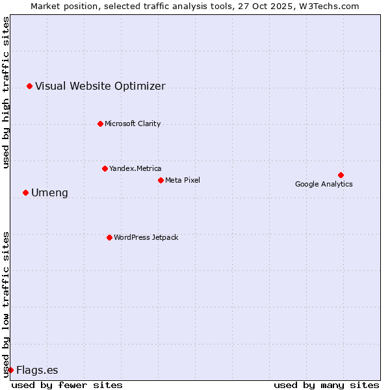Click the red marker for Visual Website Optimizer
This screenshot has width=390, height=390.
[29, 86]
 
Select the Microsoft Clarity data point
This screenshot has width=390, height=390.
[100, 123]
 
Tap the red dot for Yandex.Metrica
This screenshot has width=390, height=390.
[105, 168]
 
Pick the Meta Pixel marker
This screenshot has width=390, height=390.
[161, 180]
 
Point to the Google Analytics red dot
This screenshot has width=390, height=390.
[341, 175]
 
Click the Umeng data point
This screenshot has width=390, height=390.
[25, 192]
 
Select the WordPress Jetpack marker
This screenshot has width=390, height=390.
[109, 237]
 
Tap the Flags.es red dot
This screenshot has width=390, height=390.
[10, 370]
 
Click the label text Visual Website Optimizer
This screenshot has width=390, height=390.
[100, 86]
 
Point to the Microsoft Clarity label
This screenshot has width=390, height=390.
[133, 123]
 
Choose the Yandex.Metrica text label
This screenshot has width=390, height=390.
[135, 168]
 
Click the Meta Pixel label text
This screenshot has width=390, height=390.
[183, 180]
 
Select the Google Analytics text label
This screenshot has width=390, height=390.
[324, 184]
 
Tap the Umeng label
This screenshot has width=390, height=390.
[49, 192]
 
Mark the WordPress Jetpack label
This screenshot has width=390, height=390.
[146, 237]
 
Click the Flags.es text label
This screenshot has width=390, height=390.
[37, 370]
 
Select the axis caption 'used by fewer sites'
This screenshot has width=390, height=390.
[67, 385]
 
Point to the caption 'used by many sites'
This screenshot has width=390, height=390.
[326, 385]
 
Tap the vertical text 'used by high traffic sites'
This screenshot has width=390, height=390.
[6, 92]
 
